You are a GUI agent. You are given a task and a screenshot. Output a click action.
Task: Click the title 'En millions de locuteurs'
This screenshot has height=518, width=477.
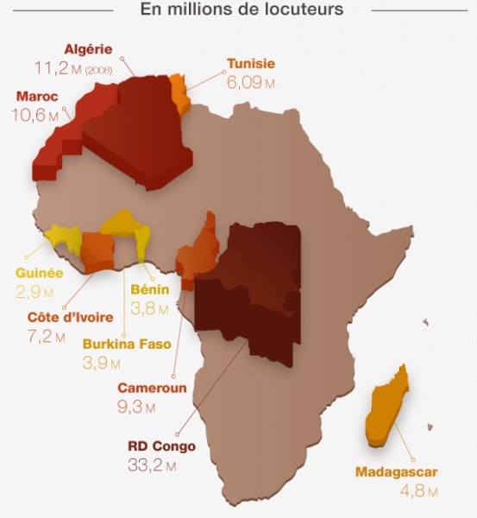(x=242, y=10)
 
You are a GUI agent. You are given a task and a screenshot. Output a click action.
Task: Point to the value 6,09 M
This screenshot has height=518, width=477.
(x=251, y=83)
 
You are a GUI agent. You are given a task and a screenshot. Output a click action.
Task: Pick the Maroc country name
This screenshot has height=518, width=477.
(x=37, y=97)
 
